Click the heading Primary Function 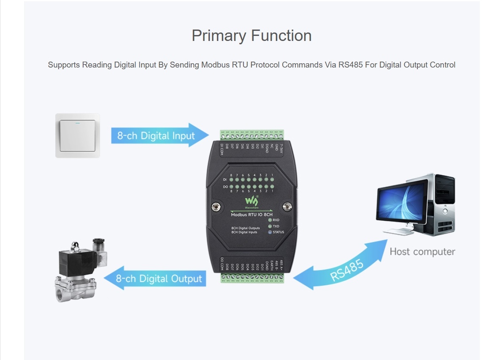click(251, 35)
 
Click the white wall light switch click(78, 135)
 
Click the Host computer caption click(422, 252)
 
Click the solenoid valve click(80, 270)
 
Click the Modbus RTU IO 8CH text click(251, 214)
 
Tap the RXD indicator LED click(270, 220)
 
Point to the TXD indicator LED click(270, 226)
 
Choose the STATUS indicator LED click(270, 232)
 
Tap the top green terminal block click(251, 135)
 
